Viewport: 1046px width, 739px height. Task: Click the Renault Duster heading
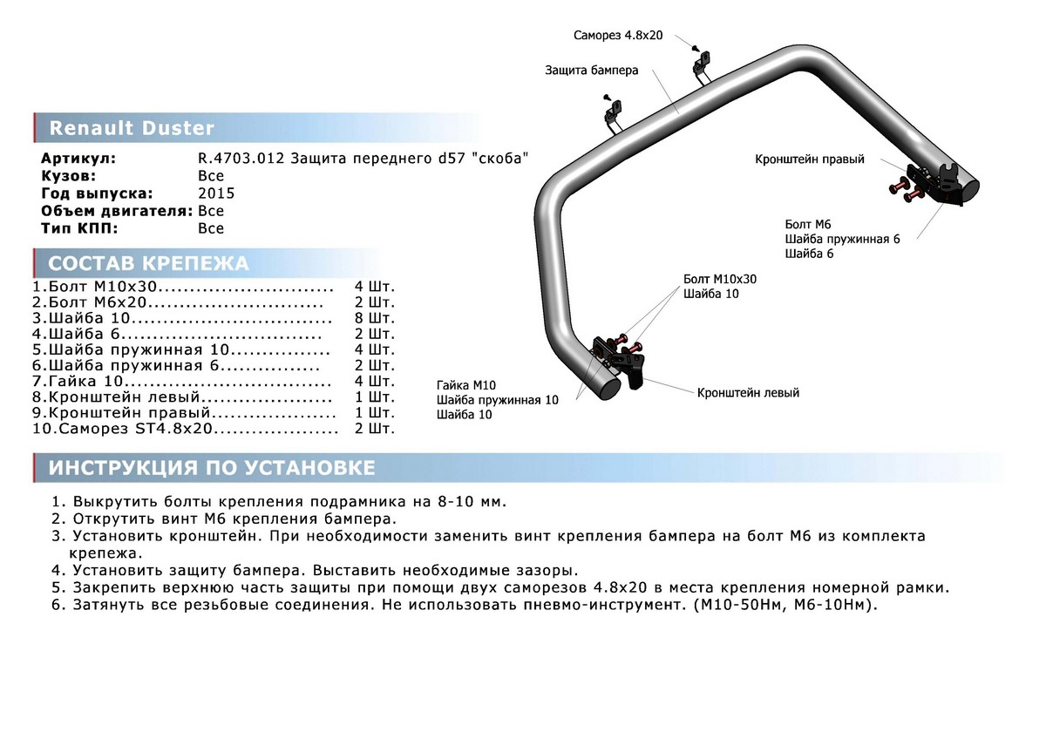pos(132,129)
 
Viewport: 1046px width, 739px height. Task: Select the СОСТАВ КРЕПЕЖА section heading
pos(148,264)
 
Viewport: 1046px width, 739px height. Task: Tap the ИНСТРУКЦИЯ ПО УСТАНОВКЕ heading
pos(212,468)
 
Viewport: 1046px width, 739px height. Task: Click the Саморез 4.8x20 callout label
pos(619,36)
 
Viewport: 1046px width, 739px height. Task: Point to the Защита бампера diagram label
pos(593,71)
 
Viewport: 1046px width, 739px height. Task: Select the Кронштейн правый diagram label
pos(810,159)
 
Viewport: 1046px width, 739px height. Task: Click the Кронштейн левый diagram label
pos(748,393)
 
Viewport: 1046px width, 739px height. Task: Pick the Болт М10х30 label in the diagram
pos(720,279)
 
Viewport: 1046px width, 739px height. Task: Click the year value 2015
pos(216,193)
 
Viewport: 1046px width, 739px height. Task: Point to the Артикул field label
pos(78,159)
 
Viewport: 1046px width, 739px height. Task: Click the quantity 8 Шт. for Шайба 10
pos(375,318)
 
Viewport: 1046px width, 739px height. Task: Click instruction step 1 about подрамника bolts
pos(279,503)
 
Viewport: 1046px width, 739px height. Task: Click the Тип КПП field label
pos(79,228)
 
